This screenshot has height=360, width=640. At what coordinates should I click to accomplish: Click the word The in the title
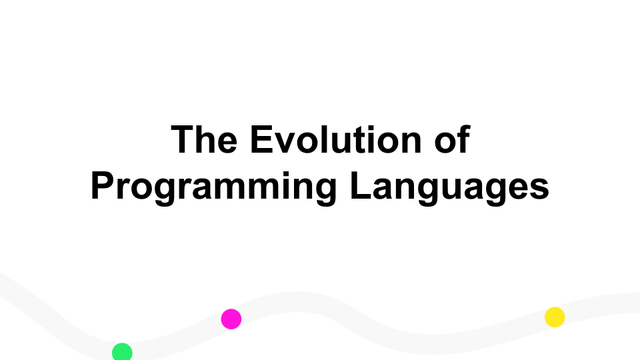pyautogui.click(x=204, y=139)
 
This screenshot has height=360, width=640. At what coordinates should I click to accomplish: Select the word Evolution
pyautogui.click(x=335, y=139)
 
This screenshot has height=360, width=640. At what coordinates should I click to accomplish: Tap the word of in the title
pyautogui.click(x=452, y=139)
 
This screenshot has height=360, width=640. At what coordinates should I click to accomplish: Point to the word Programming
pyautogui.click(x=213, y=187)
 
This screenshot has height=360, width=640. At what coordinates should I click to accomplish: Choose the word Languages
pyautogui.click(x=449, y=187)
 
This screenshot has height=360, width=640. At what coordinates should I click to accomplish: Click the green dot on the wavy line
pyautogui.click(x=122, y=352)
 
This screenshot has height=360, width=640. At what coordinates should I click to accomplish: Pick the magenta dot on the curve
pyautogui.click(x=231, y=319)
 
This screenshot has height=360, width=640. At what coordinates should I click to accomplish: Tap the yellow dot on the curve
pyautogui.click(x=555, y=317)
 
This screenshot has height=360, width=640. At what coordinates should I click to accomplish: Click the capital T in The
pyautogui.click(x=183, y=139)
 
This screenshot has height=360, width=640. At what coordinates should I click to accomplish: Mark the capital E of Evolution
pyautogui.click(x=262, y=139)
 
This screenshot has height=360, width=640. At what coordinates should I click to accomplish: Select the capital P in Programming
pyautogui.click(x=103, y=186)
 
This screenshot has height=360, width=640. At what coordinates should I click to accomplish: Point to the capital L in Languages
pyautogui.click(x=361, y=186)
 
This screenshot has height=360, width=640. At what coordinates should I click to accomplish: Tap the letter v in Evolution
pyautogui.click(x=287, y=143)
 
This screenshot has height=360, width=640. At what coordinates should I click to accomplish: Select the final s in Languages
pyautogui.click(x=539, y=190)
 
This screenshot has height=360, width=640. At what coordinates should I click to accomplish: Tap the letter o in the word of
pyautogui.click(x=445, y=143)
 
